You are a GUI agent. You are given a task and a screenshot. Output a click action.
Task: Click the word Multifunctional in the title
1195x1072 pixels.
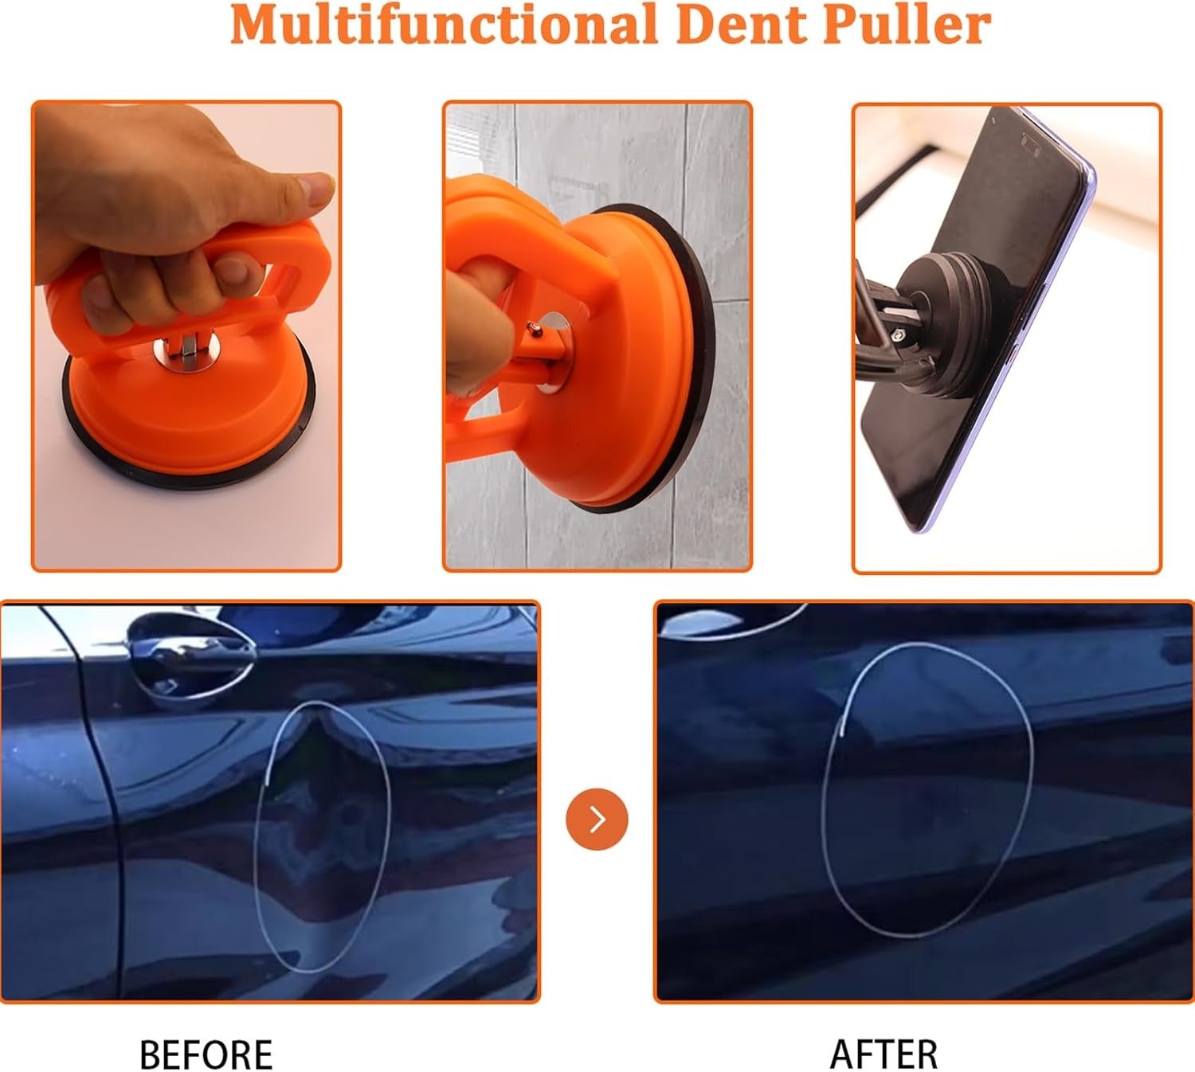point(443,24)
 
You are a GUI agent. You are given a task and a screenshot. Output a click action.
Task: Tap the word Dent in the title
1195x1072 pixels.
point(743,24)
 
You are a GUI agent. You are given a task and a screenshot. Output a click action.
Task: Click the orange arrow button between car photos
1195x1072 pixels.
point(597,819)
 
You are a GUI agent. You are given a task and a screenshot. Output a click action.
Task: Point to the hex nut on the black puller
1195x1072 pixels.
point(897,335)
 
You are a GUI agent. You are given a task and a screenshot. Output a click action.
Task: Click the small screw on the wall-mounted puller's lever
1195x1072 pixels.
point(535,330)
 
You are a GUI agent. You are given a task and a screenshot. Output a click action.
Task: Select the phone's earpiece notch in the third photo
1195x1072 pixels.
point(1031,141)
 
